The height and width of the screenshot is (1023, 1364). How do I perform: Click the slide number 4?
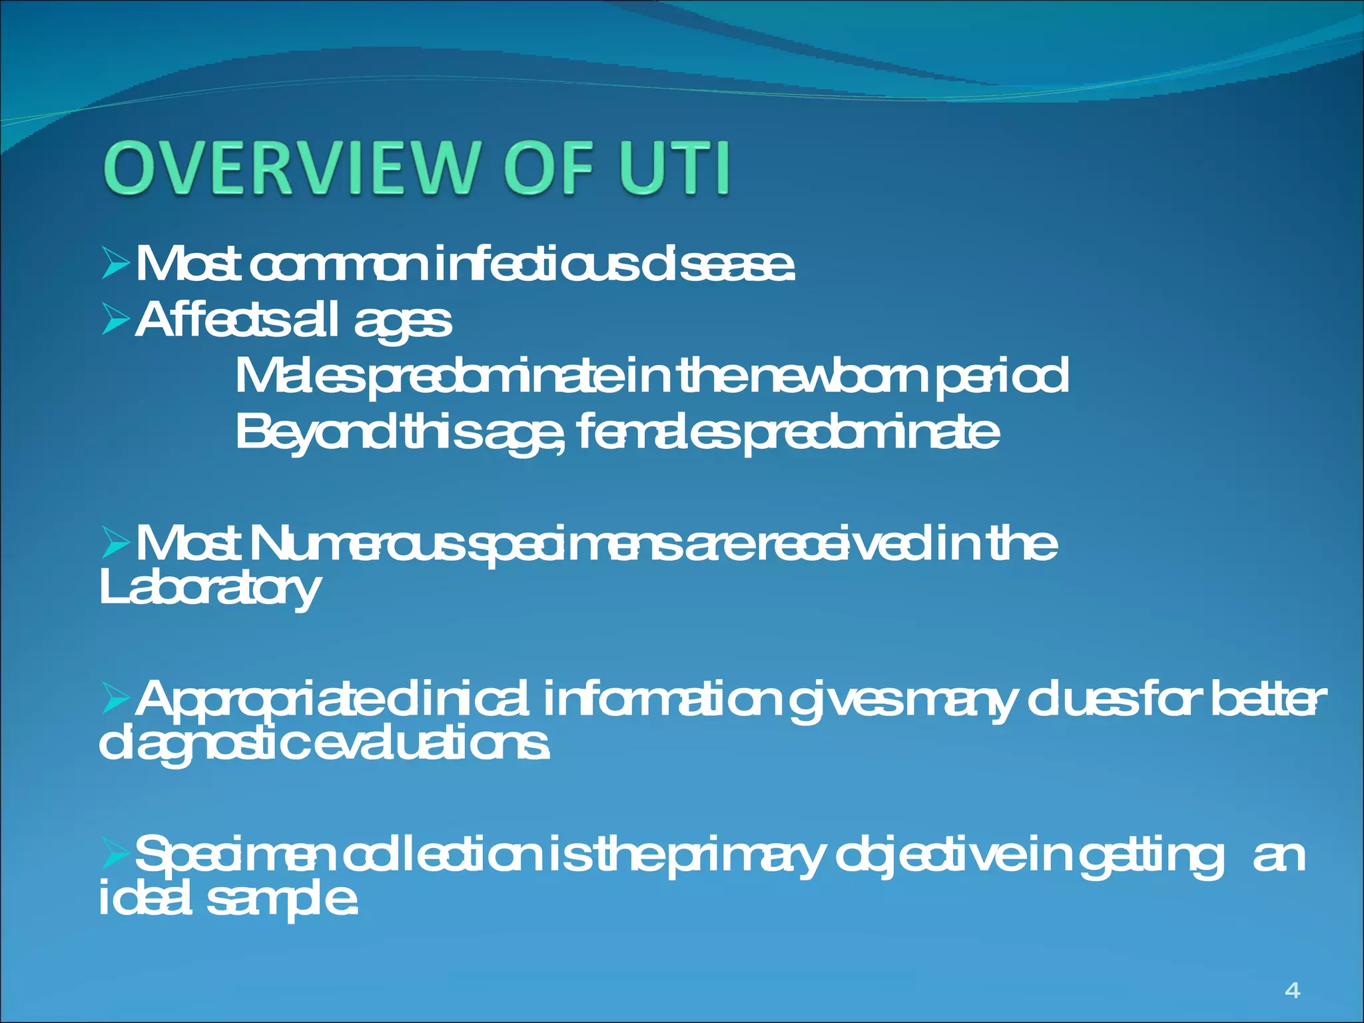coord(1292,990)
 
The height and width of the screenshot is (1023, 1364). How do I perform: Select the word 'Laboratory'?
coord(209,589)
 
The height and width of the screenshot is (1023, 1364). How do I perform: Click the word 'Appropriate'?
coord(260,699)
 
